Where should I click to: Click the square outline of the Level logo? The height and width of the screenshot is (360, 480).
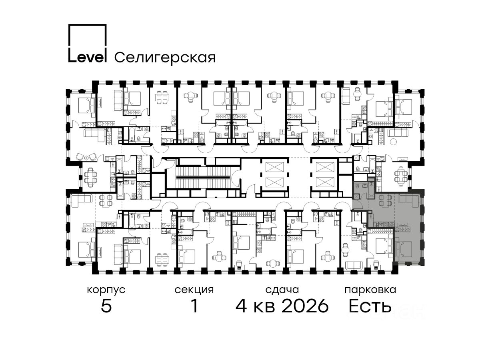[88, 25]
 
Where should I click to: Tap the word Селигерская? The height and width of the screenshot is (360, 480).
[165, 58]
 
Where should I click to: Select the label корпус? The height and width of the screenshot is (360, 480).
[106, 290]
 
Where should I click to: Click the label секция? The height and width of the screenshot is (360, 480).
[194, 290]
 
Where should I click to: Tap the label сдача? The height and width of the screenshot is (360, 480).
[282, 290]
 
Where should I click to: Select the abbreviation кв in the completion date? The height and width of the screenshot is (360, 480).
[264, 307]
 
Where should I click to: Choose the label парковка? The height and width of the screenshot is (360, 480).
[370, 290]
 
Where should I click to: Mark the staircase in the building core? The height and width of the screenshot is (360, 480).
[203, 178]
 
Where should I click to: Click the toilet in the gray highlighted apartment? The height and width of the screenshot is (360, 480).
[356, 186]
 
